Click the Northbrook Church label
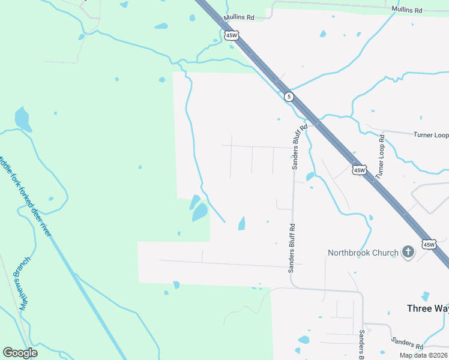point(363,253)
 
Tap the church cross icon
point(408,252)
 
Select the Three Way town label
point(427,308)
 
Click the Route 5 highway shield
point(289,97)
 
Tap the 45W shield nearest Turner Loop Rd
point(359,170)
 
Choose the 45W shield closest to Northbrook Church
point(429,244)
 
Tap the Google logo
point(20,353)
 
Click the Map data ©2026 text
point(424,355)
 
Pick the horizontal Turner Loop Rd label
point(431,135)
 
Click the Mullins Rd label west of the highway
point(239,18)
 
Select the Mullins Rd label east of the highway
point(407,10)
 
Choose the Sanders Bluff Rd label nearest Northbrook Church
point(292,248)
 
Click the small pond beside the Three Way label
point(426,296)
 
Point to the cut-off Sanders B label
point(362,345)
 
